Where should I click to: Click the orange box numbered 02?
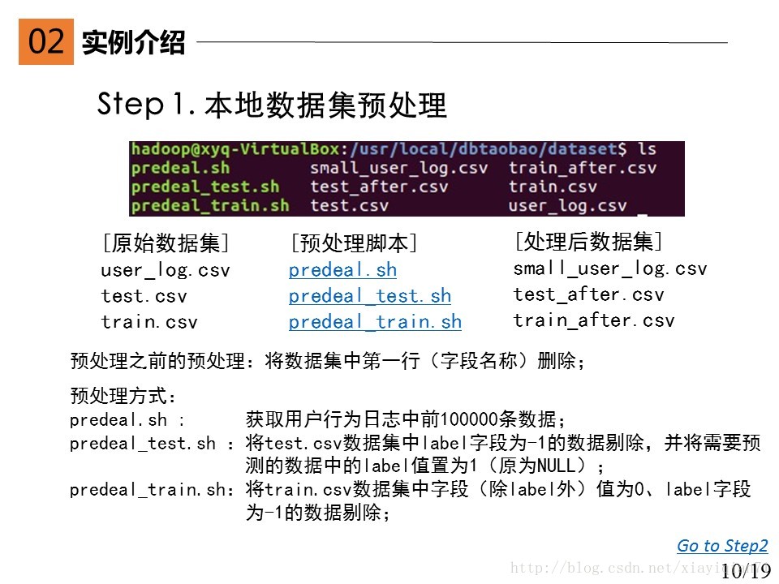coord(46,41)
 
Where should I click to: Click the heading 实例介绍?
coord(133,42)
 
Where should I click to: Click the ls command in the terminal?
coord(647,149)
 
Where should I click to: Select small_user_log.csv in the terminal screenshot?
coord(399,168)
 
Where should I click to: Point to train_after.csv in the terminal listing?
coord(583,168)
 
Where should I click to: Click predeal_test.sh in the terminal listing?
coord(204,187)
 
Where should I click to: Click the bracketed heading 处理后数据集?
coord(589,241)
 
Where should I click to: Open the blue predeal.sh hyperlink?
coord(342,269)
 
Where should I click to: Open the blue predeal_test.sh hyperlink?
coord(369,296)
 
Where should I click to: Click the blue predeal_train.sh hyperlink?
coord(375,322)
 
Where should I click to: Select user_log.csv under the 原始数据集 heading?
coord(166,270)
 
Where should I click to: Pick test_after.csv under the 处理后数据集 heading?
coord(588,294)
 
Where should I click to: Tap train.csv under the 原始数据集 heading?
coord(149,322)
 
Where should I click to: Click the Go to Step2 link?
coord(722,546)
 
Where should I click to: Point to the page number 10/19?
coord(745,571)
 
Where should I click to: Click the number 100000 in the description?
coord(471,419)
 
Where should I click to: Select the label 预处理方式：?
coord(123,397)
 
